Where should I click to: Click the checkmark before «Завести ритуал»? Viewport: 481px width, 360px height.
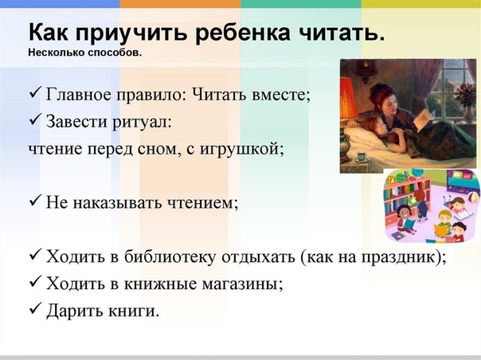(x=36, y=119)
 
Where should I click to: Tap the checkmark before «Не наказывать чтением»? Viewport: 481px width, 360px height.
(x=36, y=202)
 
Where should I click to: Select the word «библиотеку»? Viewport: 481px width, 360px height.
(x=170, y=256)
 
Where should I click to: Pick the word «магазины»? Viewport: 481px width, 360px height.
(x=242, y=284)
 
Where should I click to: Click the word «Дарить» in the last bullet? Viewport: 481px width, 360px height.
(x=76, y=311)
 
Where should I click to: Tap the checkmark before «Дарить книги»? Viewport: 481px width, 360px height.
(x=36, y=309)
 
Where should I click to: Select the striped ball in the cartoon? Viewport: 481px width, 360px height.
(x=473, y=196)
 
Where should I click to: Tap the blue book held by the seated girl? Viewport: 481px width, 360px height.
(x=409, y=225)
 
